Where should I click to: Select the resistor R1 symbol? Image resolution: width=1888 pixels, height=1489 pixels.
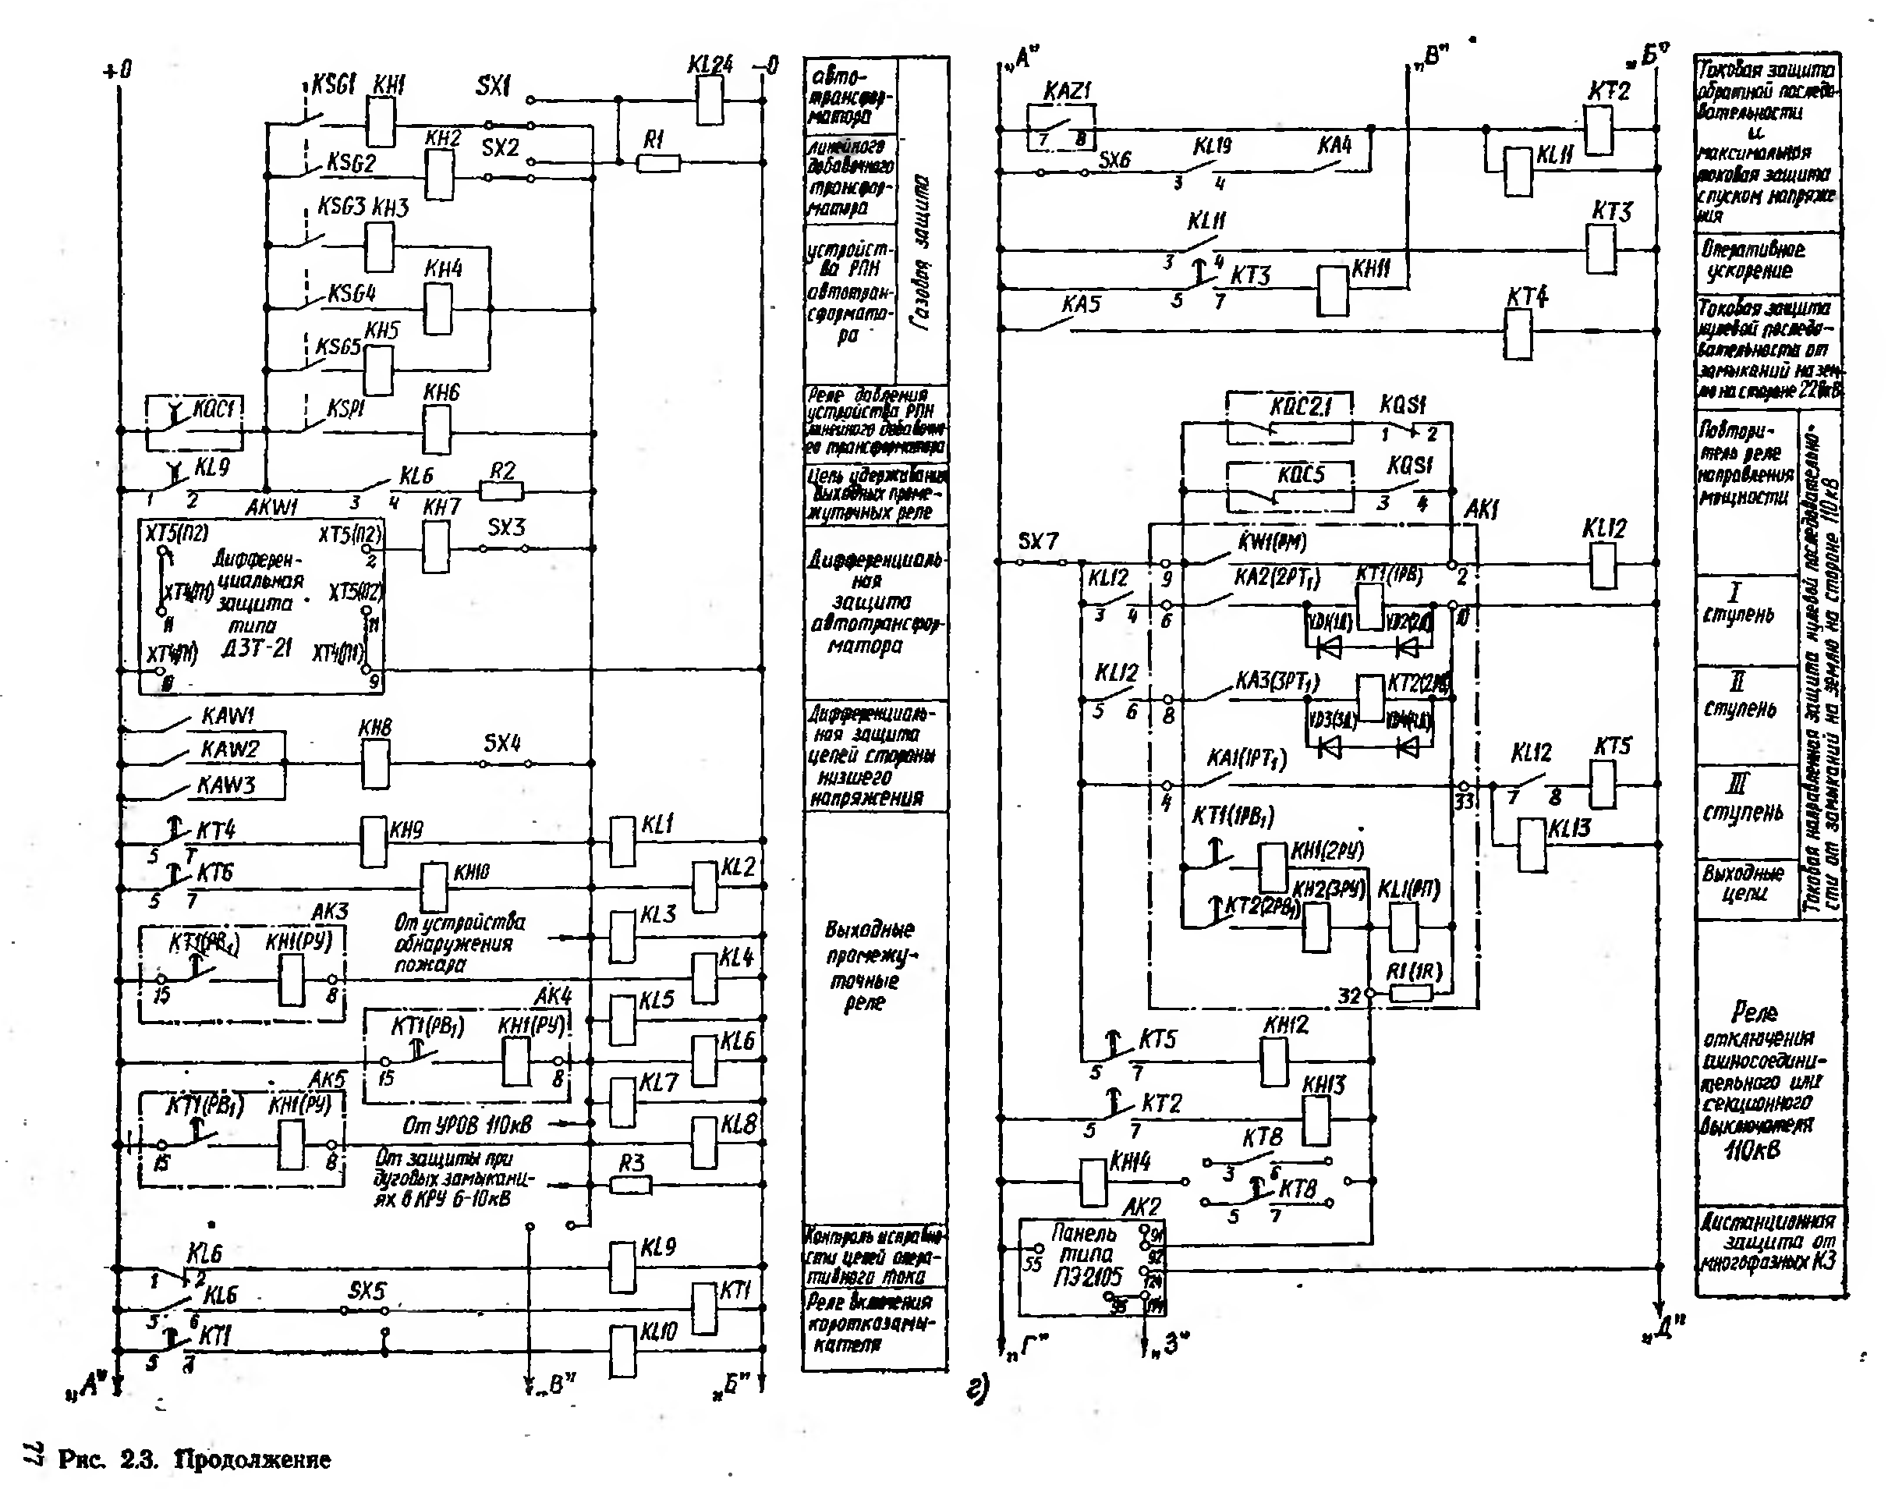(x=658, y=163)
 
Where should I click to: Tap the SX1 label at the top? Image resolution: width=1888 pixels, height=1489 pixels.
(x=494, y=86)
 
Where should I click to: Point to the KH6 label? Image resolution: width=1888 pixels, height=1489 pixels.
(x=441, y=393)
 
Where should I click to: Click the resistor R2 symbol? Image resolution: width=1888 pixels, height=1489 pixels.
(x=502, y=491)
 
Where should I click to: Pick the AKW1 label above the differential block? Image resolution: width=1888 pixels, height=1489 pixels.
(x=271, y=507)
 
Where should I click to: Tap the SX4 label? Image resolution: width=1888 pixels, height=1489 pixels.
(x=502, y=743)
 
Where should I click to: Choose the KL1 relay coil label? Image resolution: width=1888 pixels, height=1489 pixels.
(x=657, y=824)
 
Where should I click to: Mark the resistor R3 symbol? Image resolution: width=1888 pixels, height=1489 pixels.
(x=630, y=1185)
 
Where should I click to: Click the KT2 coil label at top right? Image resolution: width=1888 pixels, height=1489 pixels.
(x=1609, y=91)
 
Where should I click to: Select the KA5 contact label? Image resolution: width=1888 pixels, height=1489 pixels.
(x=1081, y=304)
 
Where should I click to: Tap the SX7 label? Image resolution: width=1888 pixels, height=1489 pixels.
(x=1037, y=541)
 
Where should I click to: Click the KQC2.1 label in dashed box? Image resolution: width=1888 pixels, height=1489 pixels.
(x=1300, y=406)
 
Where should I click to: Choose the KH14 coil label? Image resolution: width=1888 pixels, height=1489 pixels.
(x=1130, y=1161)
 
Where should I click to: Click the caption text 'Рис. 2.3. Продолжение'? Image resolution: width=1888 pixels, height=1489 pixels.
(x=194, y=1459)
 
